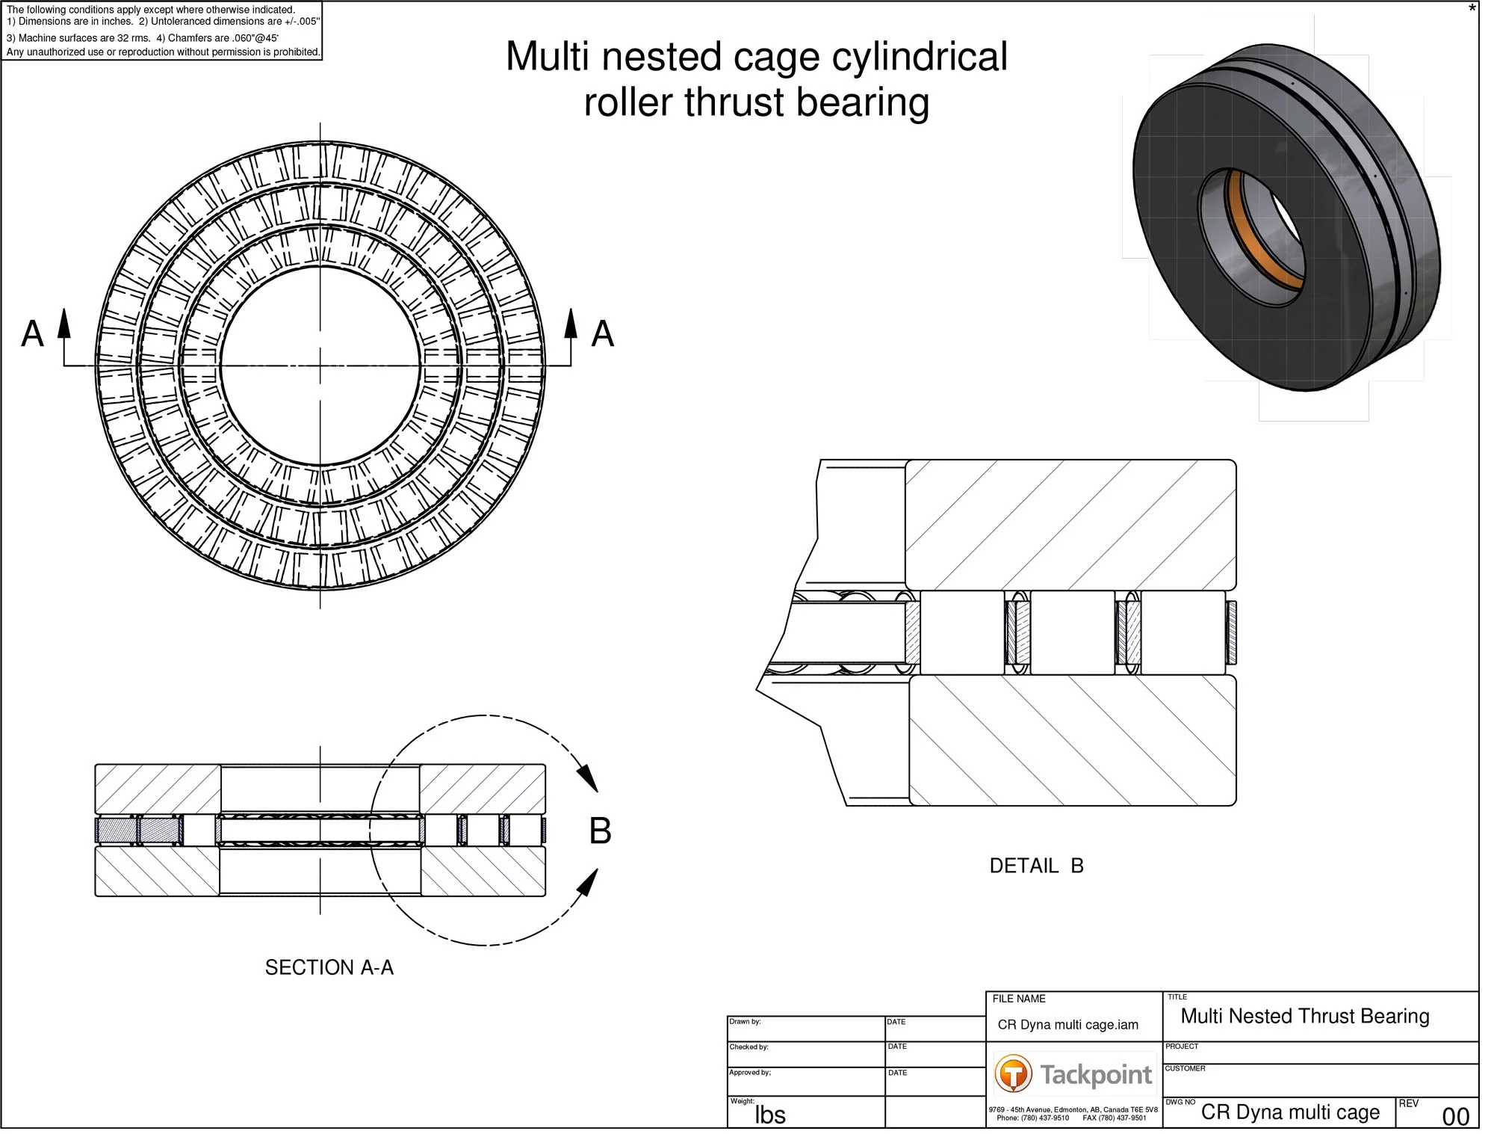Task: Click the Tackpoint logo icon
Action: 1013,1074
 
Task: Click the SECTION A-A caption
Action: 329,967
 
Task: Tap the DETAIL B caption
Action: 1036,866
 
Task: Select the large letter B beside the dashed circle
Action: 600,831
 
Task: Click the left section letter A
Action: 32,333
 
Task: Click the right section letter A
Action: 602,333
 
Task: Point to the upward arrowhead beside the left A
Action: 64,323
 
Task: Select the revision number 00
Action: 1455,1117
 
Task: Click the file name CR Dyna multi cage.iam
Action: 1067,1025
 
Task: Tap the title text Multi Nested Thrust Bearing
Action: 1304,1016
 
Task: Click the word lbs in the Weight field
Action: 770,1115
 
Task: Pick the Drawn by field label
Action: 745,1021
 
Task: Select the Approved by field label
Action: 749,1072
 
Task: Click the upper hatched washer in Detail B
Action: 1070,525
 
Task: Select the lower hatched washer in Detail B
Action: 1072,740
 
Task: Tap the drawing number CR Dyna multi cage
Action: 1290,1112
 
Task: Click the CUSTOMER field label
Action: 1185,1068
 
